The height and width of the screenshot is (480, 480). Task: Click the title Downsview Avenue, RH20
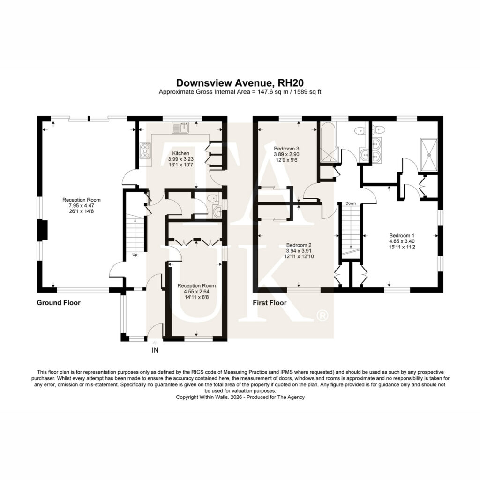240,83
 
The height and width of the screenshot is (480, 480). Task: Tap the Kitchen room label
180,153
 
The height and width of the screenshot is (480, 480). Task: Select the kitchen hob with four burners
145,150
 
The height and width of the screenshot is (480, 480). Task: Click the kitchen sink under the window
181,128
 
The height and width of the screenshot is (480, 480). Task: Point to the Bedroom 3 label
286,149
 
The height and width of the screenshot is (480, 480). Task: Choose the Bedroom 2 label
299,245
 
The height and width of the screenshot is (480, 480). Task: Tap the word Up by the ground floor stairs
135,255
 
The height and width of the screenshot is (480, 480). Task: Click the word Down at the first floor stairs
351,203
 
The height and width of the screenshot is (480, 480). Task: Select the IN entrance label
155,350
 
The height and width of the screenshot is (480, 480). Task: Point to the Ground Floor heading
59,303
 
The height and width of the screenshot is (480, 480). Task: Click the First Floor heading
270,303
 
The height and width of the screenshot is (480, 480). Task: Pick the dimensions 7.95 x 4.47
82,205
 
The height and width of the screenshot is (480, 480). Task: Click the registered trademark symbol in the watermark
322,315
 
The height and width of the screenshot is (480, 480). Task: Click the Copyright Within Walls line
240,397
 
